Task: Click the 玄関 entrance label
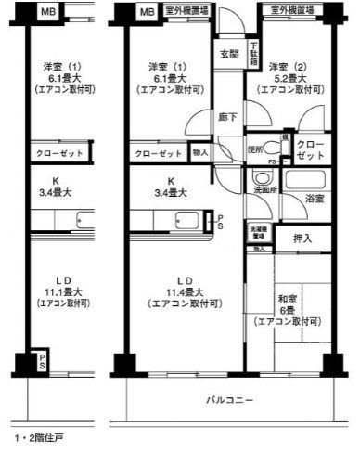tap(226, 54)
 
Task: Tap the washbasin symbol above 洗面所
tap(259, 177)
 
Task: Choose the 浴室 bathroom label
tap(313, 199)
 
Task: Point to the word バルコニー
tap(226, 399)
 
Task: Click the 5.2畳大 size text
tap(288, 79)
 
